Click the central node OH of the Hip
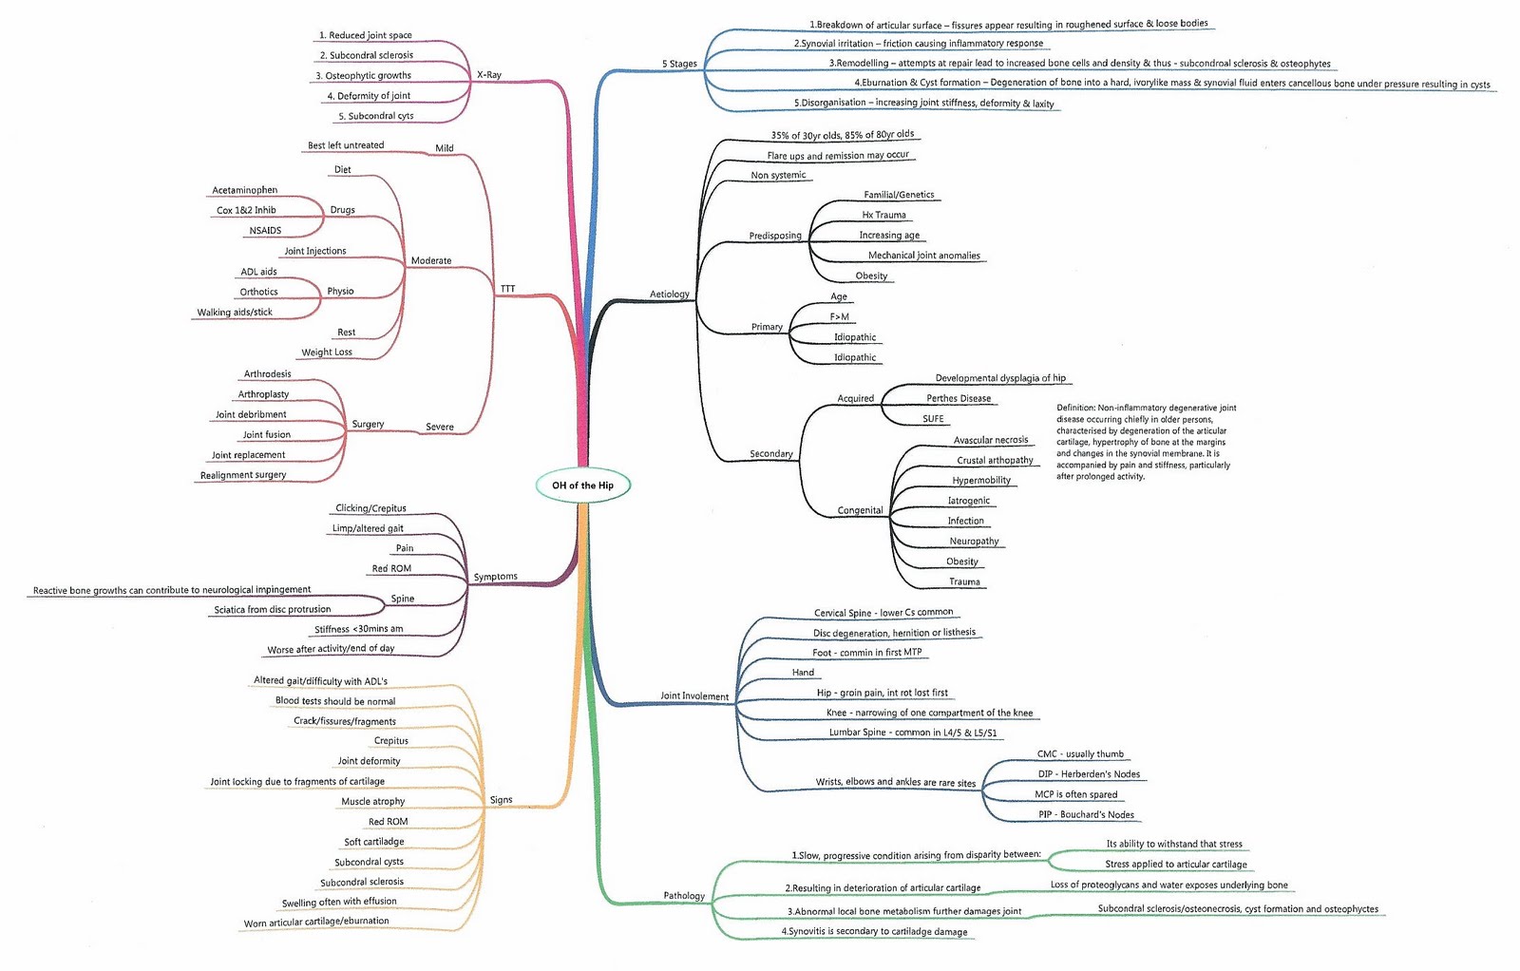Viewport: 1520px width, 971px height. point(582,485)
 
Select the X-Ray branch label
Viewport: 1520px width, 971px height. point(489,75)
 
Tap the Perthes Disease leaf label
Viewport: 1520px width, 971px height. point(958,399)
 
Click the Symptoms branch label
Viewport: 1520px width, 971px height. point(495,577)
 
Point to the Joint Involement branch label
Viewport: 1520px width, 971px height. point(694,696)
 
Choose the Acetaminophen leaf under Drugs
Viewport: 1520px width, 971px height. point(244,190)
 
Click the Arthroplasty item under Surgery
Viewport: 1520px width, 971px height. point(263,394)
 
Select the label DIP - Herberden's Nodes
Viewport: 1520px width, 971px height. point(1089,774)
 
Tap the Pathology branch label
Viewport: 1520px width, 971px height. point(684,896)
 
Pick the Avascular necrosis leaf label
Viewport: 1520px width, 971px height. point(990,440)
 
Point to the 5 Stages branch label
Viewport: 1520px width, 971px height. point(679,64)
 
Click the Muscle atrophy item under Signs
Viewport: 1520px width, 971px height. point(372,802)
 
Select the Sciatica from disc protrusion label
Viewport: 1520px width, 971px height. point(272,610)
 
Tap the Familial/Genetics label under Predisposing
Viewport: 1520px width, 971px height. point(899,195)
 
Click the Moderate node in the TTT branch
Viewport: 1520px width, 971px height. point(430,260)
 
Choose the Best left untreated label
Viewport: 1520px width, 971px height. point(346,145)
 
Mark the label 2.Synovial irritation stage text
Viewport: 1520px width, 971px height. point(918,44)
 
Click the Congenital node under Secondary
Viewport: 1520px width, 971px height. point(860,510)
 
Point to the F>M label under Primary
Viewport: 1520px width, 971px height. point(839,317)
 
